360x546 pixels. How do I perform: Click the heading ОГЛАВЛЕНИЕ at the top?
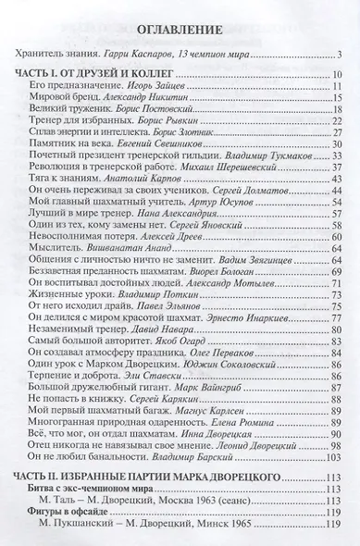[x=180, y=30]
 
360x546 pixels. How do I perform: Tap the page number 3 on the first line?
[x=340, y=57]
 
